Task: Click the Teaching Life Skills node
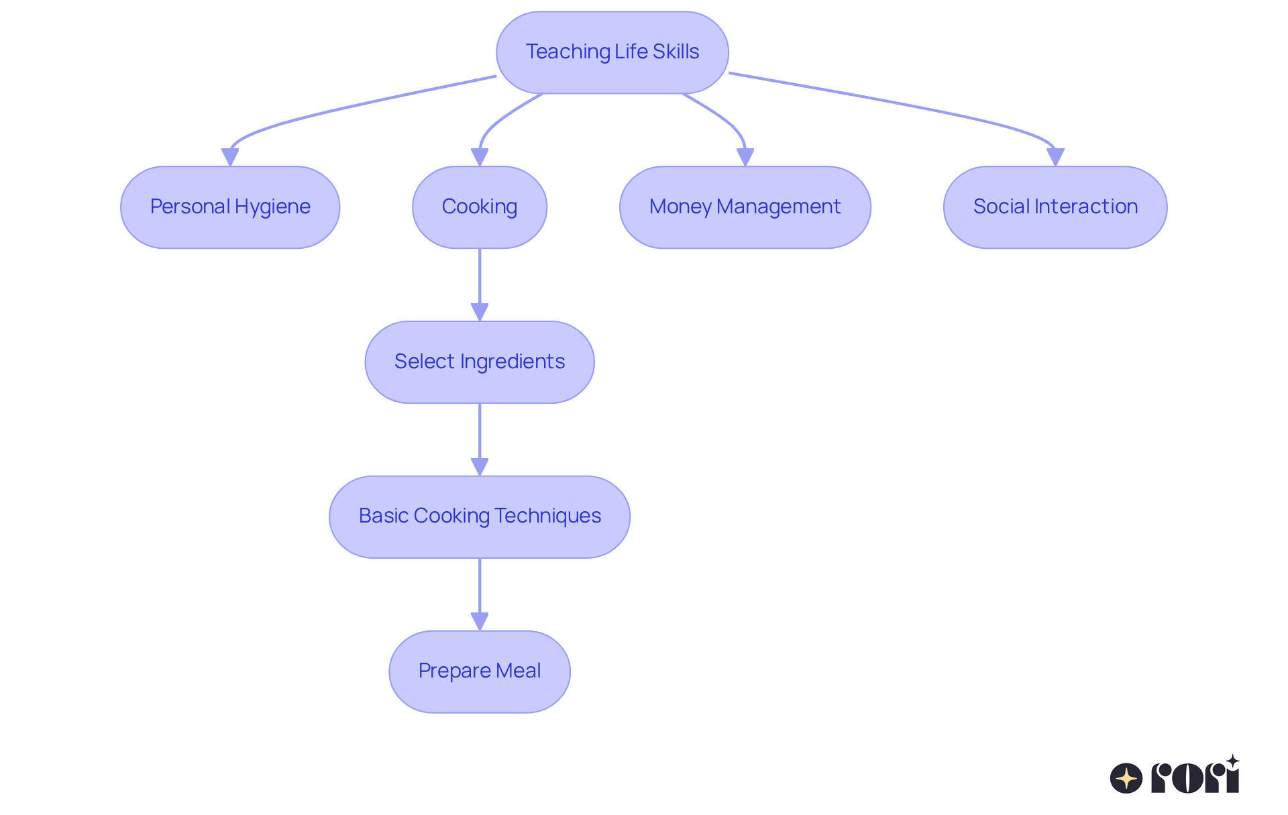pyautogui.click(x=612, y=52)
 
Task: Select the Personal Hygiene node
pyautogui.click(x=230, y=207)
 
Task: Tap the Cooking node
pyautogui.click(x=479, y=207)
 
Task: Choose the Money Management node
pyautogui.click(x=745, y=207)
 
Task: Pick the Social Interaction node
pyautogui.click(x=1055, y=207)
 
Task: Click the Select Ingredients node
pyautogui.click(x=479, y=362)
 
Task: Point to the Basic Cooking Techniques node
pyautogui.click(x=479, y=517)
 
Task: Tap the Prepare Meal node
pyautogui.click(x=479, y=671)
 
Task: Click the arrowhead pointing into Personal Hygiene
pyautogui.click(x=230, y=157)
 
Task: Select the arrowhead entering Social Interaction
pyautogui.click(x=1055, y=157)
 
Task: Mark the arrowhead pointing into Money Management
pyautogui.click(x=745, y=157)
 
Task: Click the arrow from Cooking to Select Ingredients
pyautogui.click(x=480, y=282)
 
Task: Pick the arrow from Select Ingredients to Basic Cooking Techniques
pyautogui.click(x=480, y=436)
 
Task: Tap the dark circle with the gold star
pyautogui.click(x=1126, y=778)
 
